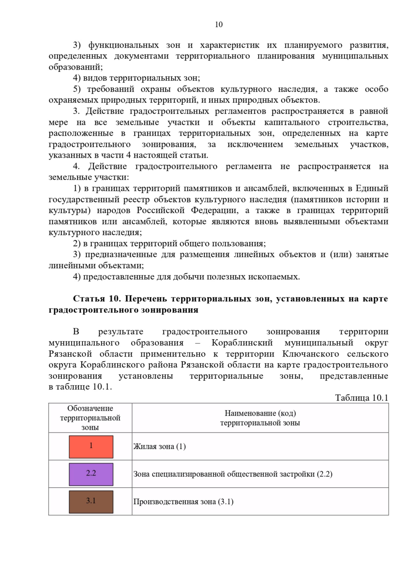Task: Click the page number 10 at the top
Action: [219, 24]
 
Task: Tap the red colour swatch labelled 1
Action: [91, 447]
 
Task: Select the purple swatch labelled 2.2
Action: [91, 474]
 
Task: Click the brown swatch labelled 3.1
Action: [91, 502]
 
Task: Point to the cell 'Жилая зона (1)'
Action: [159, 447]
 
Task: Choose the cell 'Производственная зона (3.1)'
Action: [183, 502]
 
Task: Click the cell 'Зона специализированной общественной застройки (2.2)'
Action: [233, 474]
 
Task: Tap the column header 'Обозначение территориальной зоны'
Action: [90, 418]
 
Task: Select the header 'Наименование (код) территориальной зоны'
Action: [260, 418]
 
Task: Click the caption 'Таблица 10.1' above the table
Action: [361, 398]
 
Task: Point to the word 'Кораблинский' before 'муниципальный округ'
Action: [242, 343]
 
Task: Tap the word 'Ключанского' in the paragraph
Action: [310, 354]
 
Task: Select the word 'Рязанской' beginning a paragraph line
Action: [70, 354]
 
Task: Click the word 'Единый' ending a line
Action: [372, 188]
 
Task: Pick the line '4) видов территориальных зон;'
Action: [136, 78]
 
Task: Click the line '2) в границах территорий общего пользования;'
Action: [169, 243]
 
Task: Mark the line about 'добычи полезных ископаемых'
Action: [186, 277]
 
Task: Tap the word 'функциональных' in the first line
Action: [123, 45]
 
